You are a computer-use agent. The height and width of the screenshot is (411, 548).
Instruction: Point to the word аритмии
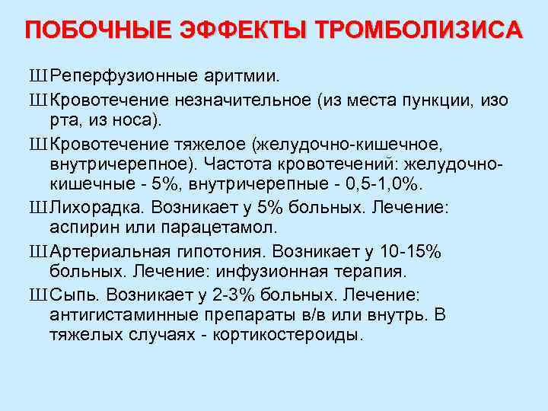[243, 77]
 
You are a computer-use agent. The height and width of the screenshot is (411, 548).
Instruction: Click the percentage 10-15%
[418, 250]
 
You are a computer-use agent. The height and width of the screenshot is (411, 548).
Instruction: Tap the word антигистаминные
[121, 314]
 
